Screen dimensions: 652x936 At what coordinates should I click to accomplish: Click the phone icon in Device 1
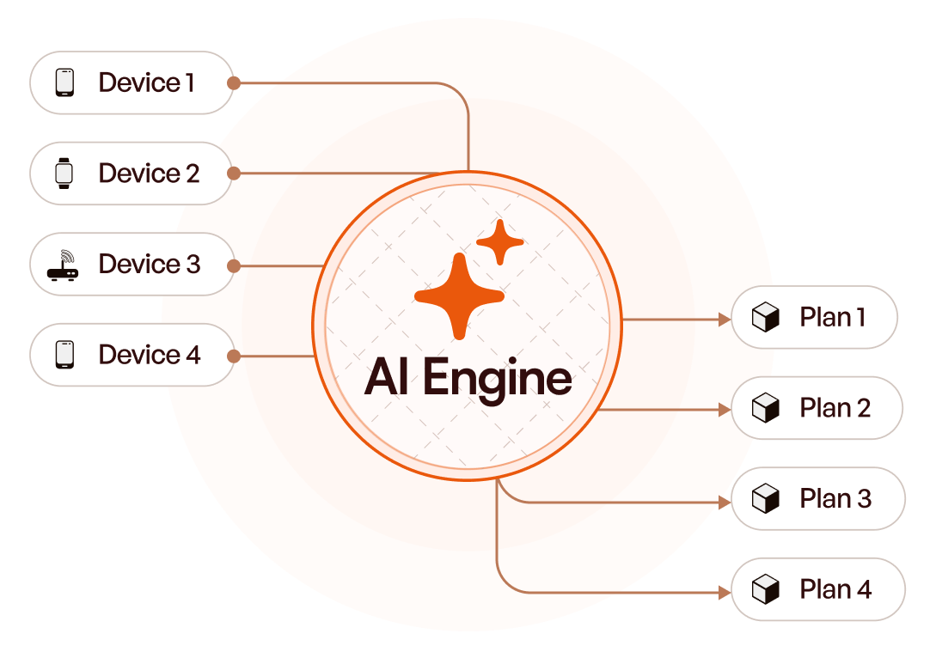[64, 82]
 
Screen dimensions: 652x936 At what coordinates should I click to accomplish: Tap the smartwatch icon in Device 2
[64, 174]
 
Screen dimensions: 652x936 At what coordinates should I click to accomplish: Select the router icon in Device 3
[64, 265]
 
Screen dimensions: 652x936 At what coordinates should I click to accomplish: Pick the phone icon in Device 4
[64, 354]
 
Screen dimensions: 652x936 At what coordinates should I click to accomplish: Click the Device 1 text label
[146, 82]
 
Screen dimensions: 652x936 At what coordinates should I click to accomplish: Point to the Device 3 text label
[150, 264]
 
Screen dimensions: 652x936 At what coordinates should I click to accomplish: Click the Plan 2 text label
[835, 408]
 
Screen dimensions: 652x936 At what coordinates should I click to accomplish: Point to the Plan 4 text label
[835, 589]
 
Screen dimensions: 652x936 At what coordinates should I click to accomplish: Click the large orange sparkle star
[458, 296]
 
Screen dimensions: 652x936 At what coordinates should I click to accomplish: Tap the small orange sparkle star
[499, 242]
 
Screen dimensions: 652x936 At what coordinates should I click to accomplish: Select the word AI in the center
[387, 377]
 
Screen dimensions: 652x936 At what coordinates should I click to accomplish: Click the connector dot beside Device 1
[234, 82]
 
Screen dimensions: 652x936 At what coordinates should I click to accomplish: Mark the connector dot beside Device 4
[234, 355]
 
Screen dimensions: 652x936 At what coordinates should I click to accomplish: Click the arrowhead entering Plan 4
[724, 592]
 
